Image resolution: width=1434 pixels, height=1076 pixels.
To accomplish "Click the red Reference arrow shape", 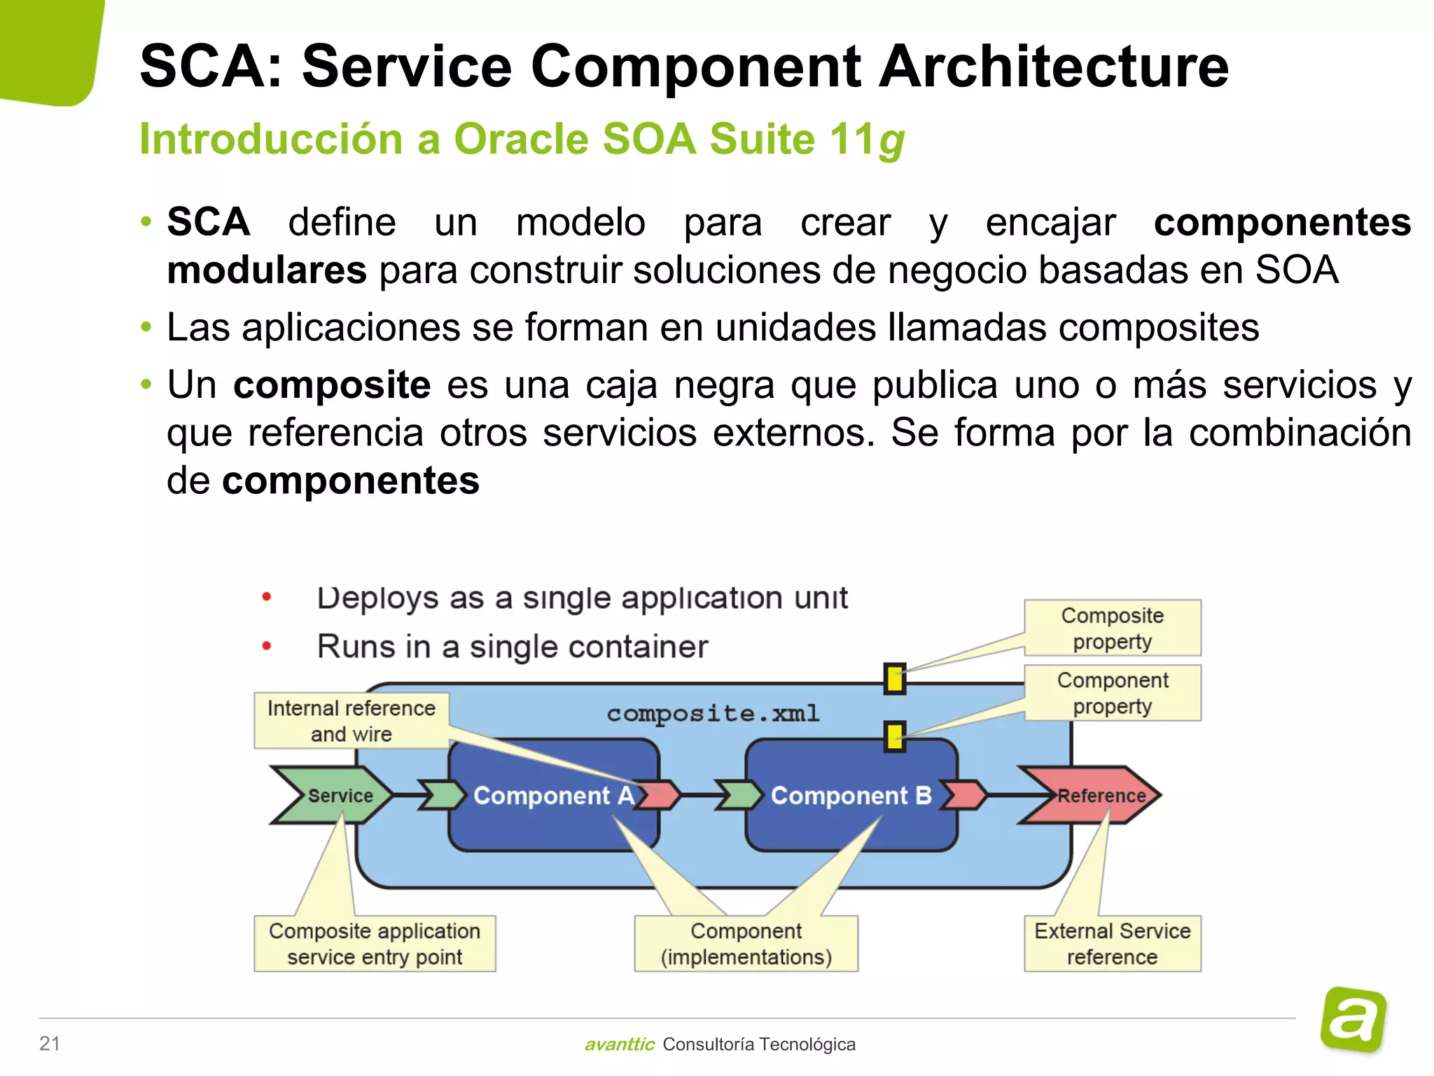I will [x=1092, y=795].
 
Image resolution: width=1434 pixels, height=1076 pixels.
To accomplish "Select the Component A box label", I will [x=553, y=796].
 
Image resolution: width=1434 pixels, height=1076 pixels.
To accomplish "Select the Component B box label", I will [x=851, y=796].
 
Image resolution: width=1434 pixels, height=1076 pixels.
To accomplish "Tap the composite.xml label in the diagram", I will [x=713, y=713].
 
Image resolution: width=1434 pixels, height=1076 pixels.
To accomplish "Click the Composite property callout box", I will [x=1112, y=628].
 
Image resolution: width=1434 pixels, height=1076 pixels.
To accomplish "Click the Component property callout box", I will [x=1112, y=693].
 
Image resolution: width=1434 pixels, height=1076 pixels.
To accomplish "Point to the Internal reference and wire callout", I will [x=351, y=721].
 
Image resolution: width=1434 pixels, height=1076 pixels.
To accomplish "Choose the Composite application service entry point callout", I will [x=375, y=944].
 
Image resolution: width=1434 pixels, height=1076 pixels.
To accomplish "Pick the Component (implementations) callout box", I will [x=746, y=944].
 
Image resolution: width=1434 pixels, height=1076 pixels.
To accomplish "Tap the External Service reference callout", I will [x=1112, y=944].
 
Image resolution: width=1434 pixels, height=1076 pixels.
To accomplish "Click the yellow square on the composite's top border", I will [x=894, y=679].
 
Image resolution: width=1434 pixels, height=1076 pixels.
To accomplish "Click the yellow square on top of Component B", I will [x=894, y=736].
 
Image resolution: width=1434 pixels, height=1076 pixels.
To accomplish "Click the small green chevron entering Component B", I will [x=739, y=796].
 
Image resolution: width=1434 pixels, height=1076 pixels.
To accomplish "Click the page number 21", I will [x=50, y=1043].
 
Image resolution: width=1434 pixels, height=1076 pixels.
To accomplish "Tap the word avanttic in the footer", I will [x=619, y=1044].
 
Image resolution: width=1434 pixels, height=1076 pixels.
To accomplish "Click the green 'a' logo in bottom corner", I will [x=1353, y=1020].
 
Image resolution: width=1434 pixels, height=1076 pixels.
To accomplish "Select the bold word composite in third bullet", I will [x=331, y=385].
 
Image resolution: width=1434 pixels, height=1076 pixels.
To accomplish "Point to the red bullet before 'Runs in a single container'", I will [x=267, y=646].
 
